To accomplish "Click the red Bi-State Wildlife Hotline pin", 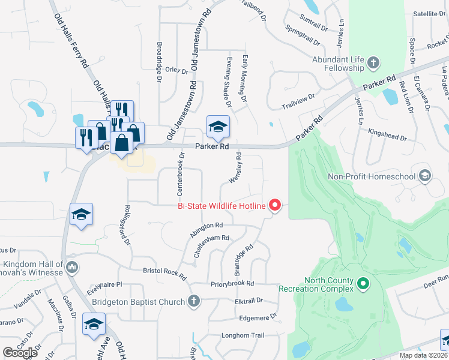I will (275, 205).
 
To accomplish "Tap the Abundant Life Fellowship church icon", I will (373, 62).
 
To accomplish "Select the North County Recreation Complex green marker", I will (363, 283).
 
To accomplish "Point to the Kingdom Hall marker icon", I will (71, 266).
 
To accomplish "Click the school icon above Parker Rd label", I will (218, 126).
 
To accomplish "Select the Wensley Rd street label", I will (234, 168).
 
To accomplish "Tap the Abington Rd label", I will (206, 230).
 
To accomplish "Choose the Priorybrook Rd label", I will (232, 283).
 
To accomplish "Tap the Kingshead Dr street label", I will (388, 134).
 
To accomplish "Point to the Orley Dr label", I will (176, 70).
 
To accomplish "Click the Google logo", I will (20, 353).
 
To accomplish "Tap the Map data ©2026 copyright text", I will (422, 355).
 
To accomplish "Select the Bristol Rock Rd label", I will (164, 273).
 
